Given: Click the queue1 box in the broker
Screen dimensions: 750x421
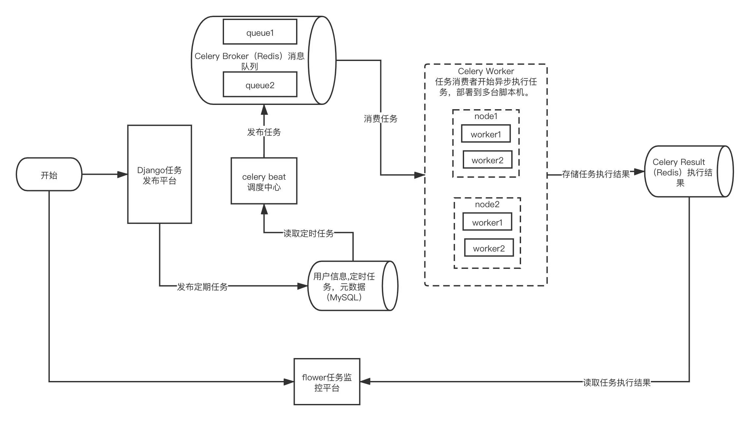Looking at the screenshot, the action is (x=260, y=32).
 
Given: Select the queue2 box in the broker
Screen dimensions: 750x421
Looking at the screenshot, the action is (x=260, y=85).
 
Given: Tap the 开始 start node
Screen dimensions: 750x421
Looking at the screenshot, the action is (x=49, y=174).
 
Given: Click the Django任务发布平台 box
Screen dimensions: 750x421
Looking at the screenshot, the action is (x=159, y=174).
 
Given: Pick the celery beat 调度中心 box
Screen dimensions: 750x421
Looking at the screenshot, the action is (x=264, y=181).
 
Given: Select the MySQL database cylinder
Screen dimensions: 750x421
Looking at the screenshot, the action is (x=353, y=286).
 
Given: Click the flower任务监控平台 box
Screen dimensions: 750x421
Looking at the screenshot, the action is (x=327, y=382).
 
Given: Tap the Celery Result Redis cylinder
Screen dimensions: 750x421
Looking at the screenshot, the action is (x=689, y=171).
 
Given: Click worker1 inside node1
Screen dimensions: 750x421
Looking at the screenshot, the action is (x=486, y=133).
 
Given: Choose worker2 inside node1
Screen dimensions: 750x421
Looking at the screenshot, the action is (x=487, y=160).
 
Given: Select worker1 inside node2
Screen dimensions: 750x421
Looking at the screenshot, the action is (x=487, y=222).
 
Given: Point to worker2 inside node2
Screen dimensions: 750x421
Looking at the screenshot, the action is (x=489, y=248).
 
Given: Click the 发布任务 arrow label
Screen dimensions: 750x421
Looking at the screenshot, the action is (x=264, y=132).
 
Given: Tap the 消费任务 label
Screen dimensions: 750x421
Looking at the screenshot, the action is (x=381, y=119).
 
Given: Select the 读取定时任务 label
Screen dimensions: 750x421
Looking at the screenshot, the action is (x=309, y=233).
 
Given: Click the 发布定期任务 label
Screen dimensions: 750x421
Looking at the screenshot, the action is (x=202, y=287).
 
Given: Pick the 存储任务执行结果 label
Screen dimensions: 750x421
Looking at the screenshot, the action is (x=596, y=174).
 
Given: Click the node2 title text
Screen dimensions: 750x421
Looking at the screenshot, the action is (x=487, y=205).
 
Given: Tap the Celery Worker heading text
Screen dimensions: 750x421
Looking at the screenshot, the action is (x=486, y=71).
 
